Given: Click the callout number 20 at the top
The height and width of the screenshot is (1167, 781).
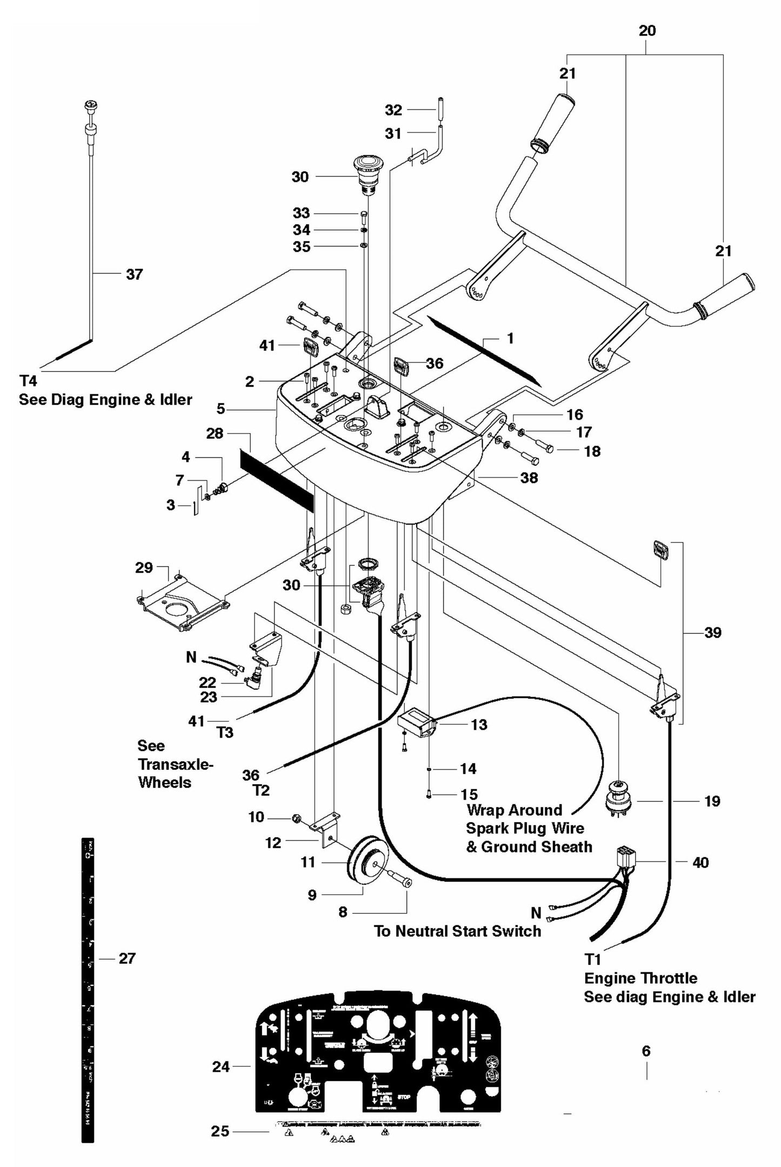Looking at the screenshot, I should [x=647, y=31].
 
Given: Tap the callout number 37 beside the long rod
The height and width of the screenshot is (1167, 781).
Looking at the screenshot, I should [x=135, y=274].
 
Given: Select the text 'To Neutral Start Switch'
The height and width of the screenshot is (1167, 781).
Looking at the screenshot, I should [x=457, y=931].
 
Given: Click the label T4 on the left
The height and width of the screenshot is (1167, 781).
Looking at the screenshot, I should [x=28, y=381].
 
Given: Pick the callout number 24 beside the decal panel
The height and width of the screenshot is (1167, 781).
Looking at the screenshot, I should [x=221, y=1067].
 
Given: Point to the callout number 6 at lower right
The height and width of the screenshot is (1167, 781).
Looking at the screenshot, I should [x=646, y=1051].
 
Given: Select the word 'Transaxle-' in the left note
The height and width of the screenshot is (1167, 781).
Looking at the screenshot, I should [x=176, y=764].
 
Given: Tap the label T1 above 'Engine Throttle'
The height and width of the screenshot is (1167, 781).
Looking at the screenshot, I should [x=593, y=959].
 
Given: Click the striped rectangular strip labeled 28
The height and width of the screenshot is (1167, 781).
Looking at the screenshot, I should [x=276, y=473].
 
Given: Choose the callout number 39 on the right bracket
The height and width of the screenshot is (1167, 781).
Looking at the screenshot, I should [x=713, y=632].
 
